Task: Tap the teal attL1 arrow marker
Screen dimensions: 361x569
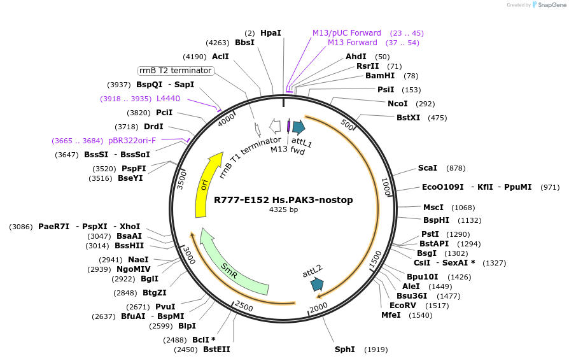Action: coord(299,127)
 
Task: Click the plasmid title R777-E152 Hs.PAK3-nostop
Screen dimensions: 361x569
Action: coord(283,200)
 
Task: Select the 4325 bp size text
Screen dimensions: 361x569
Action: coord(283,209)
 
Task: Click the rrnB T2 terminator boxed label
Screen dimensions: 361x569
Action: coord(176,71)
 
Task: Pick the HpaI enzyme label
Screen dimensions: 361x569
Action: coord(270,32)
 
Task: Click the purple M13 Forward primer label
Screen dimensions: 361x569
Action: coord(352,43)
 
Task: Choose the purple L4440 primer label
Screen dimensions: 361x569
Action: coord(168,99)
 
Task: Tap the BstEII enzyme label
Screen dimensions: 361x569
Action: coord(216,350)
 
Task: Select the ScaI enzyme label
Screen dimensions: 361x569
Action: coord(427,168)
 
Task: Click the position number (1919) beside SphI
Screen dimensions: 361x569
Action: coord(376,350)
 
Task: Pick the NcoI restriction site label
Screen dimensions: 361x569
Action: coord(398,104)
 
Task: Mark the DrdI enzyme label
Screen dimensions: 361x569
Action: coord(153,127)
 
